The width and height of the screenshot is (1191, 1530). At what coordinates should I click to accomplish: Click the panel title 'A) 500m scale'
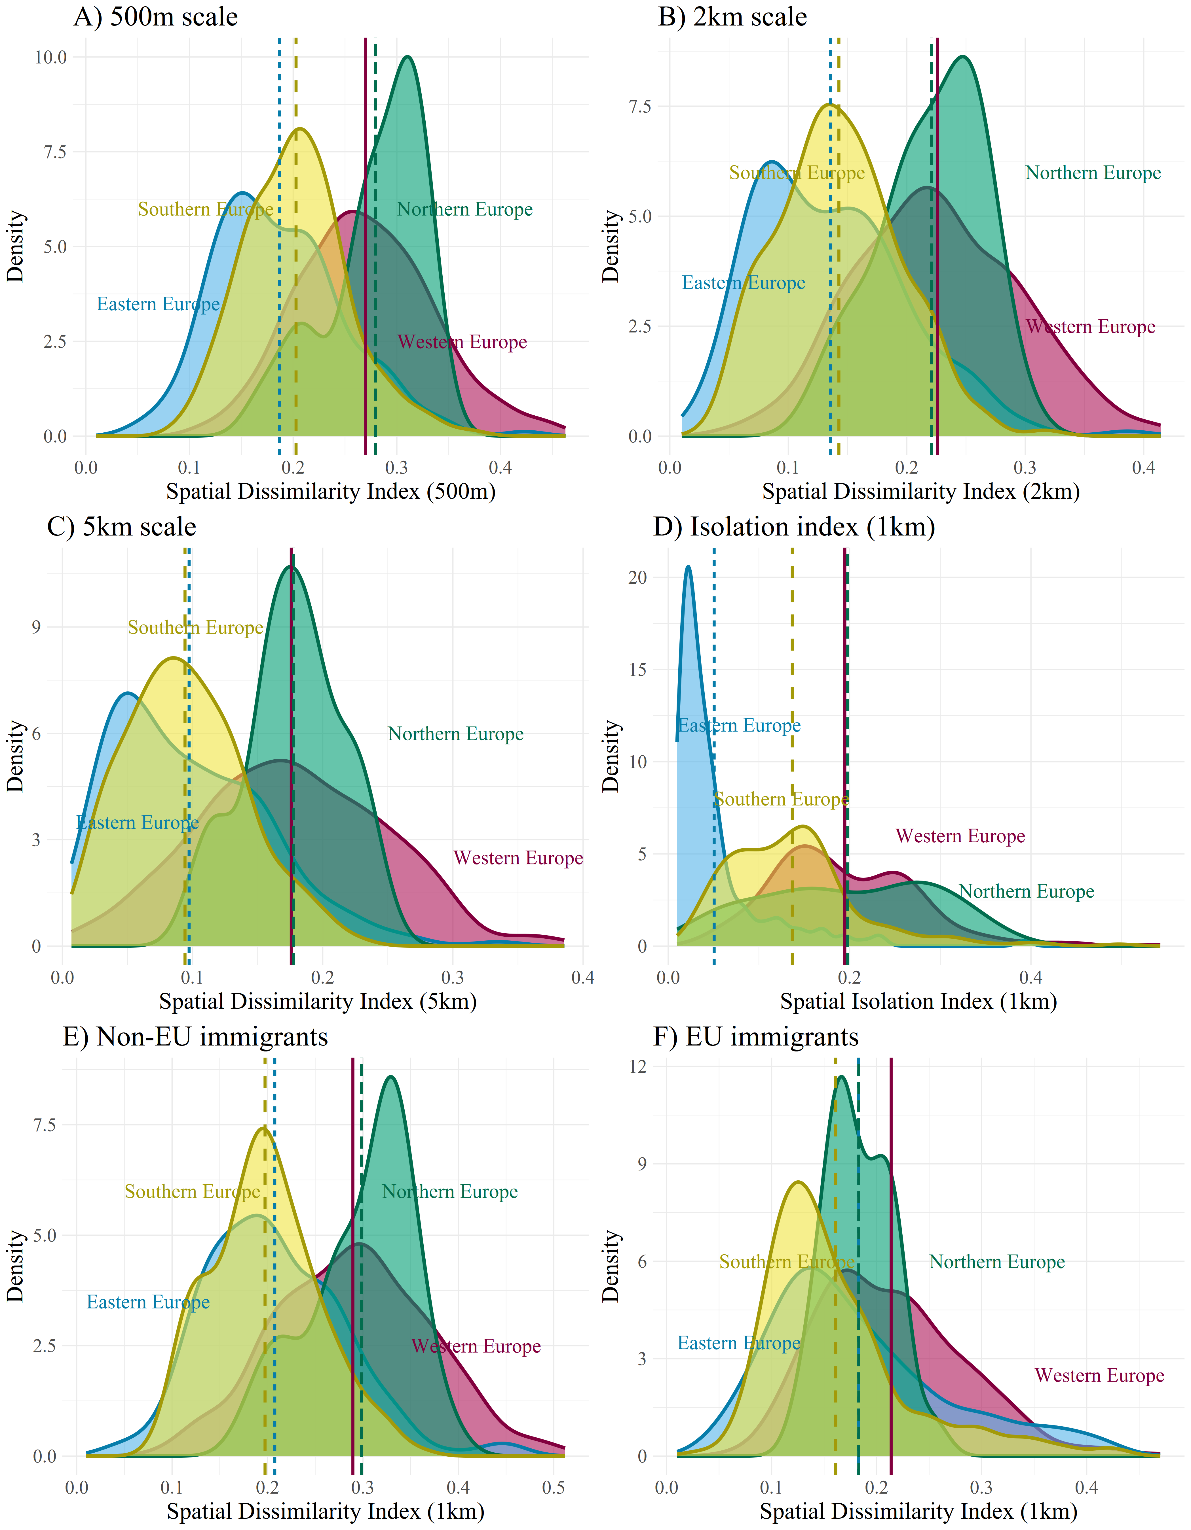click(x=156, y=17)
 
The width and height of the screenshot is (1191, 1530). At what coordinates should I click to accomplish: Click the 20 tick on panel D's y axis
click(x=637, y=577)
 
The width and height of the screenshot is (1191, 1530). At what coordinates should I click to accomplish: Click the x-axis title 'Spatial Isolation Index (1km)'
click(x=918, y=1002)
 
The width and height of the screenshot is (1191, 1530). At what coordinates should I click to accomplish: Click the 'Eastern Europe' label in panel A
click(x=158, y=304)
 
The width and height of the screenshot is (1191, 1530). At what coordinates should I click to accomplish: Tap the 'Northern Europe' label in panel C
click(x=456, y=734)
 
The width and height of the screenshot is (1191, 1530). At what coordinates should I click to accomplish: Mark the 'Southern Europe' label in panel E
click(x=192, y=1192)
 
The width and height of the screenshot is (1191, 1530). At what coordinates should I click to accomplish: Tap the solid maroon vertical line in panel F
click(x=891, y=1261)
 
